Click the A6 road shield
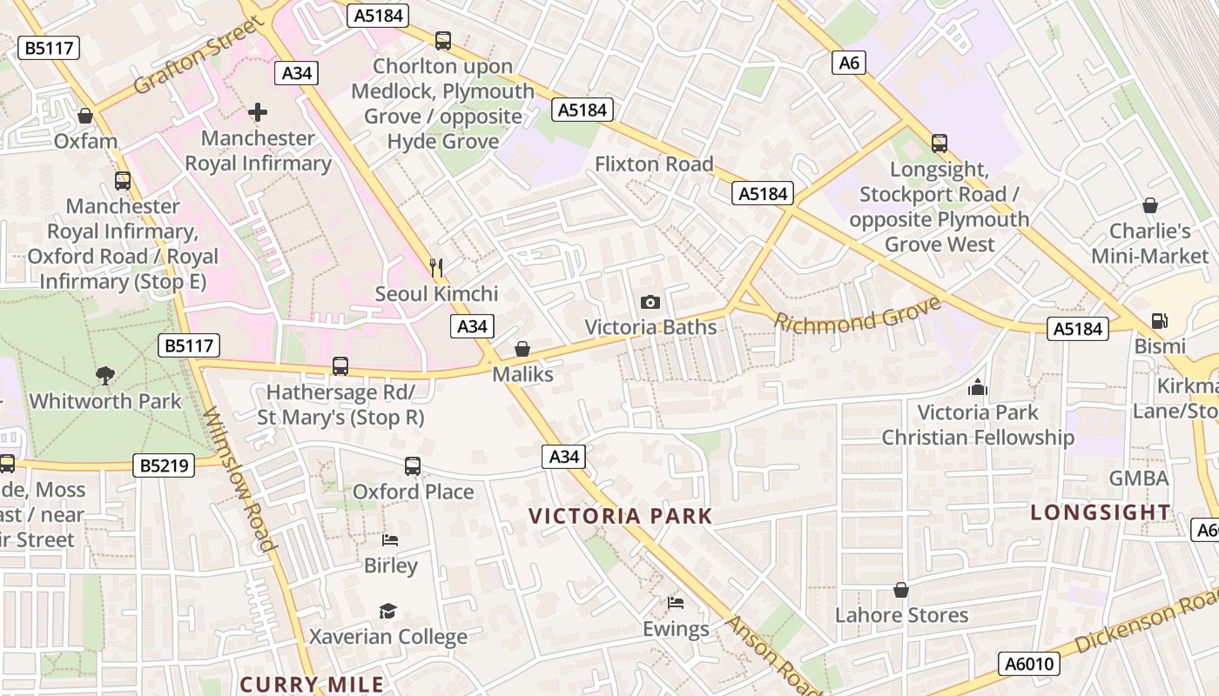pyautogui.click(x=850, y=62)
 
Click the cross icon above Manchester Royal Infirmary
pyautogui.click(x=258, y=112)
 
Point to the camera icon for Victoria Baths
pyautogui.click(x=650, y=302)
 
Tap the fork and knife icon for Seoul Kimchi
pyautogui.click(x=437, y=267)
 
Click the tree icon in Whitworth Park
pyautogui.click(x=105, y=376)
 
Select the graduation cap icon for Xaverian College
pyautogui.click(x=387, y=611)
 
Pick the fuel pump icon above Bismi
pyautogui.click(x=1159, y=321)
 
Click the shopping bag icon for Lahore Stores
pyautogui.click(x=901, y=590)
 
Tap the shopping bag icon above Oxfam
pyautogui.click(x=85, y=115)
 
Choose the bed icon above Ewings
pyautogui.click(x=676, y=602)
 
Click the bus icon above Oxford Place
pyautogui.click(x=413, y=466)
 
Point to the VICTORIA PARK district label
pyautogui.click(x=621, y=516)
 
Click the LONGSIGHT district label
pyautogui.click(x=1101, y=512)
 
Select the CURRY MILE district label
pyautogui.click(x=312, y=685)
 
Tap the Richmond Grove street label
pyautogui.click(x=858, y=315)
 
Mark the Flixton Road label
pyautogui.click(x=654, y=164)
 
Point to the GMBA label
pyautogui.click(x=1139, y=478)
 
